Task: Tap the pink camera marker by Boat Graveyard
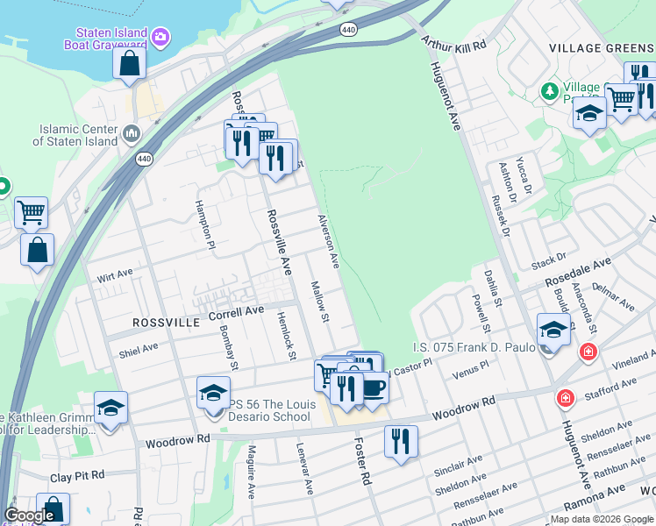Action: tap(160, 36)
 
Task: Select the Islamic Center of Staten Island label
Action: tap(78, 134)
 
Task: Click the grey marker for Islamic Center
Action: tap(132, 133)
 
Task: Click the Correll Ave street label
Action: tap(236, 311)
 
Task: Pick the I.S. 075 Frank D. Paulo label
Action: tap(474, 348)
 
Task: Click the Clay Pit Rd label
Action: tap(77, 476)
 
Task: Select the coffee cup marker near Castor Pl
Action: tap(373, 385)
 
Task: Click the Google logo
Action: tap(29, 515)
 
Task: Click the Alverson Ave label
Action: tap(328, 240)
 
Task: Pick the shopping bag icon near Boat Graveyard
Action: tap(130, 63)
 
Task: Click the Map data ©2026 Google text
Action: tap(601, 519)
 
